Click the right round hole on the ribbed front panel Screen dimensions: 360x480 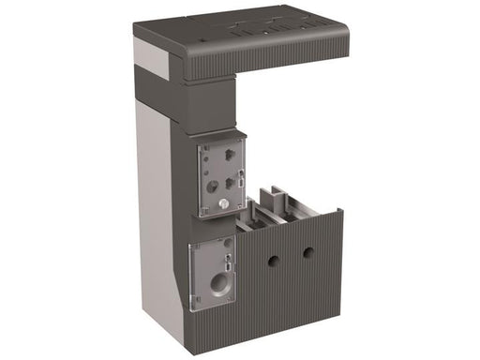point(307,251)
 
